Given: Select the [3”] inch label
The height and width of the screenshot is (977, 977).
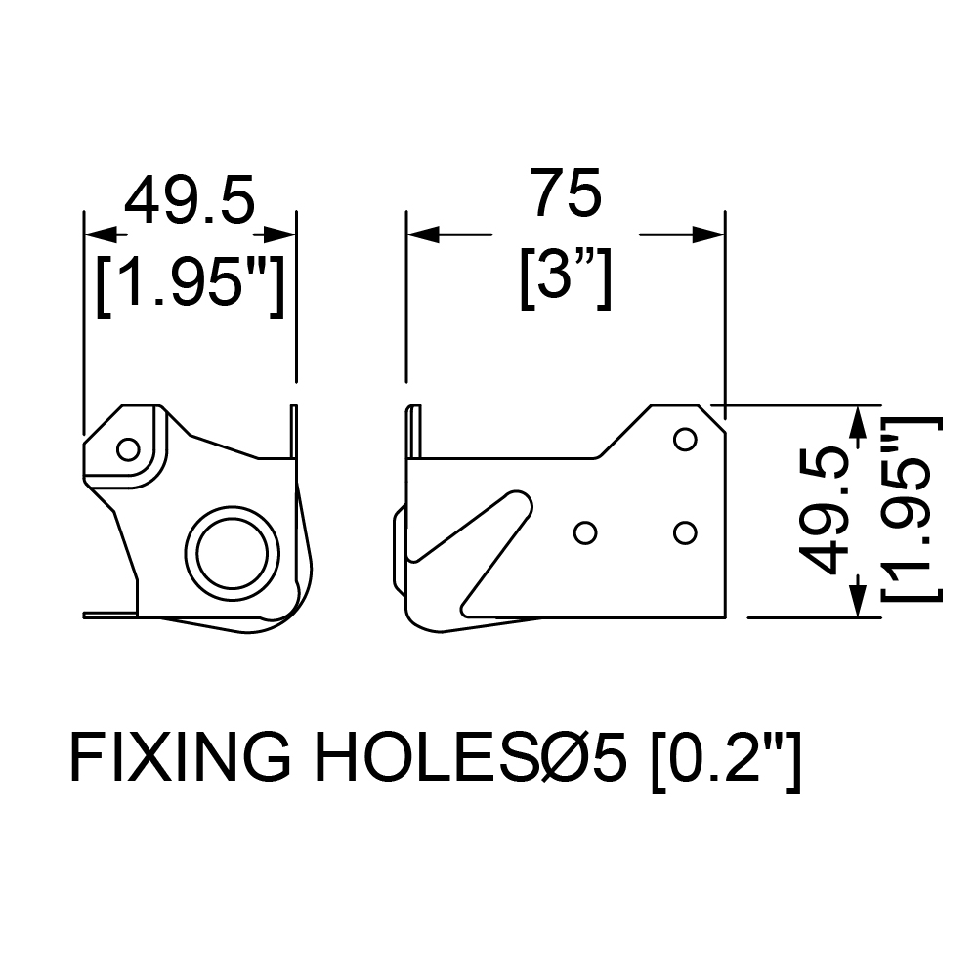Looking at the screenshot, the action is pyautogui.click(x=566, y=277).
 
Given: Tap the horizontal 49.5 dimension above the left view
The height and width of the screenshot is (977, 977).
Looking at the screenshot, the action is pyautogui.click(x=191, y=199).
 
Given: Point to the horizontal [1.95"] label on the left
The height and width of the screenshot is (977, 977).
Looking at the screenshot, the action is pyautogui.click(x=191, y=285).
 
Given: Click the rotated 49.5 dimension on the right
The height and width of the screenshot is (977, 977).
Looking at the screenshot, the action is pyautogui.click(x=827, y=511).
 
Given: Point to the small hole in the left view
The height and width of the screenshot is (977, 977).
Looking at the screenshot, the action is pyautogui.click(x=128, y=448).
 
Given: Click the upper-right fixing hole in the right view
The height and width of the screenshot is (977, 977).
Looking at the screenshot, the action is pyautogui.click(x=685, y=440).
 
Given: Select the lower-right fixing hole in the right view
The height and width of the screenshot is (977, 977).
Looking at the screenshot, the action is pyautogui.click(x=685, y=532).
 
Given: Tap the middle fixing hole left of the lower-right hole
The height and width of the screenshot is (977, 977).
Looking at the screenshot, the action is pyautogui.click(x=585, y=532).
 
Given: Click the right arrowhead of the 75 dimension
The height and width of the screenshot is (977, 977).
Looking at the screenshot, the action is pyautogui.click(x=709, y=234).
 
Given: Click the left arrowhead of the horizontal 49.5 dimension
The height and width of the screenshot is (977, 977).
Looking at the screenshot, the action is pyautogui.click(x=100, y=234).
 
